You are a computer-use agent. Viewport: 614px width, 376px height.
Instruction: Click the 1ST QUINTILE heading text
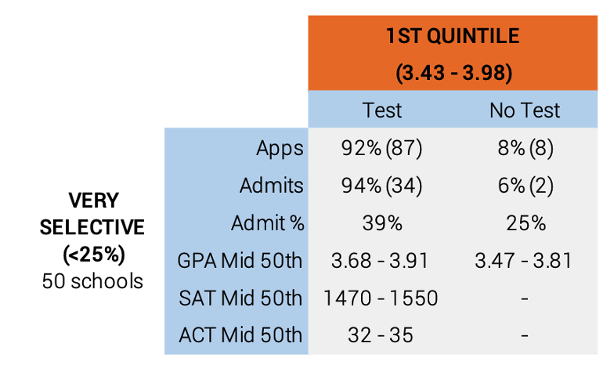click(453, 36)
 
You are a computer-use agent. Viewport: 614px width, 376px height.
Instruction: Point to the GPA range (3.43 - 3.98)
click(454, 73)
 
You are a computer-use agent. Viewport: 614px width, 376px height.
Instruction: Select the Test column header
click(382, 110)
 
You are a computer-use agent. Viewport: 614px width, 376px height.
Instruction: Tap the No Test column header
click(525, 110)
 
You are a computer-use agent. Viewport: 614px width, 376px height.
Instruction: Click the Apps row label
click(280, 149)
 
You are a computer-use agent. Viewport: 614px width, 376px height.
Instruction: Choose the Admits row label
click(271, 185)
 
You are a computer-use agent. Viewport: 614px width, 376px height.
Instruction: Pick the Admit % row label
click(268, 222)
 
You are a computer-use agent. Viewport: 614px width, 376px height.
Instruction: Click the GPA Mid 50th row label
click(240, 260)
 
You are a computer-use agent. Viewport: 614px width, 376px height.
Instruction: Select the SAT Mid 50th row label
click(240, 298)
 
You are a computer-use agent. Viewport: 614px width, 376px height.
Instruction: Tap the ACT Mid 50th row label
click(240, 335)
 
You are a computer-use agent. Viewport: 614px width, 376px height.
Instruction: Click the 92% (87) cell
click(382, 148)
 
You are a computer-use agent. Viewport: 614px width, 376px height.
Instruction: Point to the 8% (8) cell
click(526, 148)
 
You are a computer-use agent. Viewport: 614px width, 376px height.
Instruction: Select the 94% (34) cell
click(382, 185)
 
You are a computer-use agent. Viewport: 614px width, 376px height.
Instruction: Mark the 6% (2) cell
click(526, 185)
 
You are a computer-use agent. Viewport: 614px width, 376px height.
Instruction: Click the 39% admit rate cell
click(382, 223)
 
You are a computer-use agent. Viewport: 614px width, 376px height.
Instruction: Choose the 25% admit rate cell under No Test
click(526, 223)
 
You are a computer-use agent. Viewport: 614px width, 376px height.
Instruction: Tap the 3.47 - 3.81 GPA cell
click(523, 260)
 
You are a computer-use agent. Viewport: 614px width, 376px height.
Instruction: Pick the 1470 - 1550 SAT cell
click(381, 298)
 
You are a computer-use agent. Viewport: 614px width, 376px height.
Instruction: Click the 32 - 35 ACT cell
click(381, 335)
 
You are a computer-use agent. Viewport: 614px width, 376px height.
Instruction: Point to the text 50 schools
click(92, 281)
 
